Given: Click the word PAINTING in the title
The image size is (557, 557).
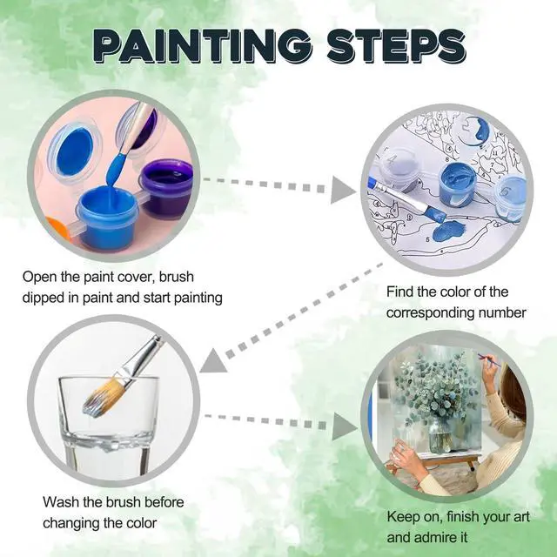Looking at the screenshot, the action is click(203, 46).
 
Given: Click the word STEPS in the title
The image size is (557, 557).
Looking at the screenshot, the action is click(396, 46).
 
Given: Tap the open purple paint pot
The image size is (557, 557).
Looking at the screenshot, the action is click(166, 187).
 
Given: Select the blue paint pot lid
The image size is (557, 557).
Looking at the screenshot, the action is click(75, 151).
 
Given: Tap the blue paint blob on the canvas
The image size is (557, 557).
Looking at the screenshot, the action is click(448, 231).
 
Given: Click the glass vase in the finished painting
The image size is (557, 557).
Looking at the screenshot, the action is click(440, 435).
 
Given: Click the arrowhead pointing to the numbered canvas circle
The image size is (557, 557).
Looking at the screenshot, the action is click(343, 190).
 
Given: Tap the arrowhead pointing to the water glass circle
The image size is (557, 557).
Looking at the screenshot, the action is click(212, 362).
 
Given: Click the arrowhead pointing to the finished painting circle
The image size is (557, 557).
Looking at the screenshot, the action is click(345, 426).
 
